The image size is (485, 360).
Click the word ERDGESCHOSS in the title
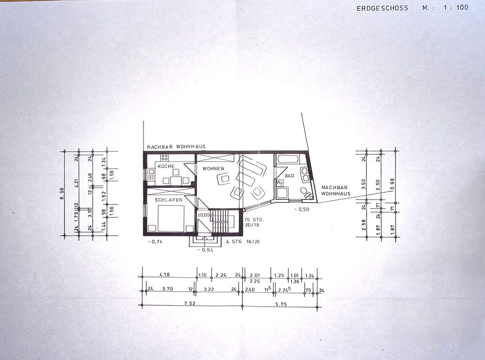coord(382,8)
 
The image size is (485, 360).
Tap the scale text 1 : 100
coord(456,7)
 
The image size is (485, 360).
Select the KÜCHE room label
coord(166,166)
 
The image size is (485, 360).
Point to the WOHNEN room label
coord(213,169)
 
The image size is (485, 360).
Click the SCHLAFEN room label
coord(168,200)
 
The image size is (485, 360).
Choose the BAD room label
coord(289,175)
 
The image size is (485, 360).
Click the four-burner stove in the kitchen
coord(164,157)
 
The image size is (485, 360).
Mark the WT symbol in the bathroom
coord(279,183)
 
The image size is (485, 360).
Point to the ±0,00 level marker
coord(204,215)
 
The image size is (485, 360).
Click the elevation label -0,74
coord(155,242)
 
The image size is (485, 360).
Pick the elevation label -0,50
coord(302,209)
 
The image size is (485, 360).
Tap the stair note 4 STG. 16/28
coord(243,241)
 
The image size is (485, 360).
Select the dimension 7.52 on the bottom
coord(190,303)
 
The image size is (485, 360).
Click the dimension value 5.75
coord(281,304)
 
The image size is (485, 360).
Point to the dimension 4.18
coord(164,275)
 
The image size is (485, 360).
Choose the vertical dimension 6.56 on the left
coord(62,193)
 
